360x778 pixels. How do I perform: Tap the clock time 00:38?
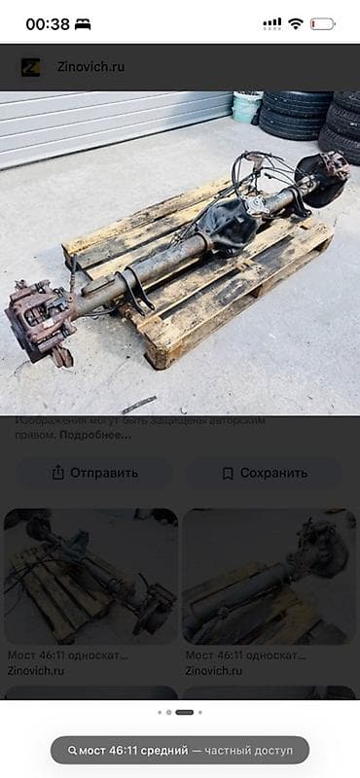[x=47, y=23]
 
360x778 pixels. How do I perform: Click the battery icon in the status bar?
[x=322, y=23]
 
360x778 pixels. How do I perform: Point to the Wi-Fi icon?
[x=296, y=23]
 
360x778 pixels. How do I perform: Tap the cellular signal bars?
[x=272, y=23]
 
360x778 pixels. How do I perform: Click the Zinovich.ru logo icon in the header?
[x=30, y=67]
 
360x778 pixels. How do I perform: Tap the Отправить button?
[x=93, y=473]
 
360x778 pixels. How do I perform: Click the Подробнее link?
[x=95, y=435]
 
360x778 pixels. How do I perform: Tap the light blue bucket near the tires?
[x=246, y=106]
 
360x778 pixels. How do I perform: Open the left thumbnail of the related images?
[x=91, y=576]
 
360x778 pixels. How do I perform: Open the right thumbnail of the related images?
[x=269, y=576]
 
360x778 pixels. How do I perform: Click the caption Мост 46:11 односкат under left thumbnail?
[x=68, y=655]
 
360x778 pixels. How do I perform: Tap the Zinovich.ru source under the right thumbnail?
[x=214, y=670]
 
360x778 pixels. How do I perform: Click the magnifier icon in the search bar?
[x=72, y=751]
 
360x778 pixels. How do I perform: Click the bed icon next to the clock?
[x=83, y=23]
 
